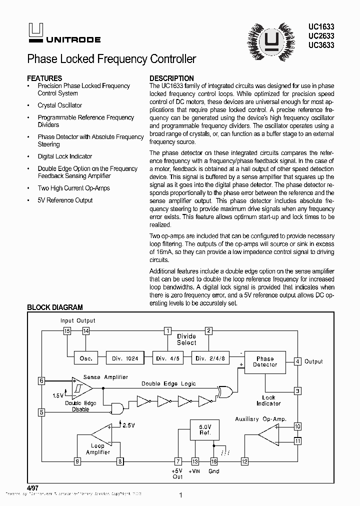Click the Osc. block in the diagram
click(83, 358)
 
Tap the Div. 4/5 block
click(167, 358)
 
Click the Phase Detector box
click(264, 361)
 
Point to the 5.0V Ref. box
click(205, 430)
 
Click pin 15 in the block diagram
click(67, 331)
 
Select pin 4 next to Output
click(297, 361)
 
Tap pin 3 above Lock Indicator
click(297, 391)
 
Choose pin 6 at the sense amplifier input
click(41, 381)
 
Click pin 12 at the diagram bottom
click(244, 461)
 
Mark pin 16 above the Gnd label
click(213, 461)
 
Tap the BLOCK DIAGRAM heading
click(54, 307)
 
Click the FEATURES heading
click(44, 78)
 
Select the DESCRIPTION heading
click(171, 78)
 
